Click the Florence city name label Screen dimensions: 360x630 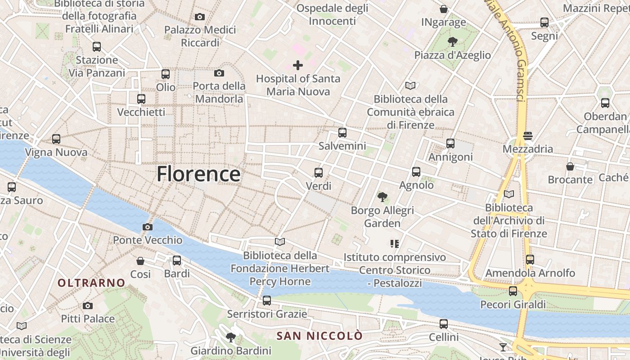tap(198, 174)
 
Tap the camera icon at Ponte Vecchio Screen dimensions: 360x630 tap(147, 227)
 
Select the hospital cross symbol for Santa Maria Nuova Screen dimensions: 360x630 tap(298, 65)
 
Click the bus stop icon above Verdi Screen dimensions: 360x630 tap(319, 172)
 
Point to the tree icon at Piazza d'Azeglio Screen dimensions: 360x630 tap(453, 42)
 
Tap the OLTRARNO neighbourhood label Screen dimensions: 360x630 tap(91, 283)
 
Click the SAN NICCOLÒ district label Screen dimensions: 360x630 tap(319, 336)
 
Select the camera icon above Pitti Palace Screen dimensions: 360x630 tap(88, 306)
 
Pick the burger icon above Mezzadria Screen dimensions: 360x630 tap(528, 135)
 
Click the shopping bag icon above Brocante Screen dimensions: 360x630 tap(570, 166)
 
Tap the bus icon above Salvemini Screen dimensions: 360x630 tap(342, 133)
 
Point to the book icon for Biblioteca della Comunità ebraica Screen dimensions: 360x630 tap(410, 85)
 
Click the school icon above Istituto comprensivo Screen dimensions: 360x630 tap(395, 244)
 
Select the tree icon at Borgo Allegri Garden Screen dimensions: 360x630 tap(382, 197)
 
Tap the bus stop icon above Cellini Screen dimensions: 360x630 tap(444, 324)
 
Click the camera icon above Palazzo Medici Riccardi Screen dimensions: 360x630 tap(200, 17)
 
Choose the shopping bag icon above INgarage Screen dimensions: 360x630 tap(444, 9)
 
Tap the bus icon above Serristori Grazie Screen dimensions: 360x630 tap(267, 301)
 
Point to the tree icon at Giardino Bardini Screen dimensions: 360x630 tap(231, 337)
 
